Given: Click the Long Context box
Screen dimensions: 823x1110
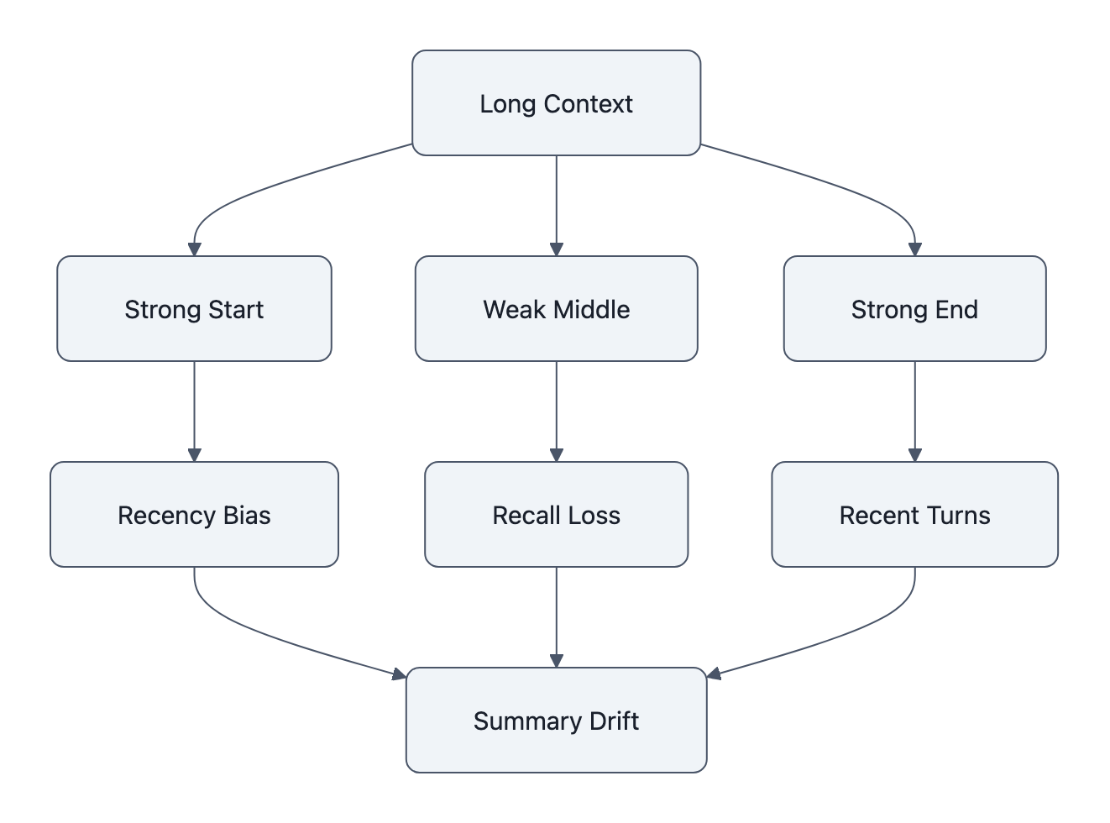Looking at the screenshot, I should coord(556,103).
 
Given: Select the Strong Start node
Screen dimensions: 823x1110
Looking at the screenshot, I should coord(194,309).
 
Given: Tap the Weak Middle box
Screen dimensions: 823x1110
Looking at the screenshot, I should coord(556,309).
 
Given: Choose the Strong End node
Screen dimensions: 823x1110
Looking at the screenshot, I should coord(914,309).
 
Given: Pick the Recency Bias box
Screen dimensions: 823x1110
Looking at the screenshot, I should coord(194,515).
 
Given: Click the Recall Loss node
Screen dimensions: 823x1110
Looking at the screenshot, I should coord(556,515).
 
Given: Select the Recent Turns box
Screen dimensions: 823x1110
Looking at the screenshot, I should coord(914,515).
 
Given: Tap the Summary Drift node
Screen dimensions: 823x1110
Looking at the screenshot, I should coord(556,721).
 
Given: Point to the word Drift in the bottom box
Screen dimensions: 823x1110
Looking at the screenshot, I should coord(614,721).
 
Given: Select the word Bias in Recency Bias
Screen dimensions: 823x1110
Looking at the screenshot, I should coord(247,515).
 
